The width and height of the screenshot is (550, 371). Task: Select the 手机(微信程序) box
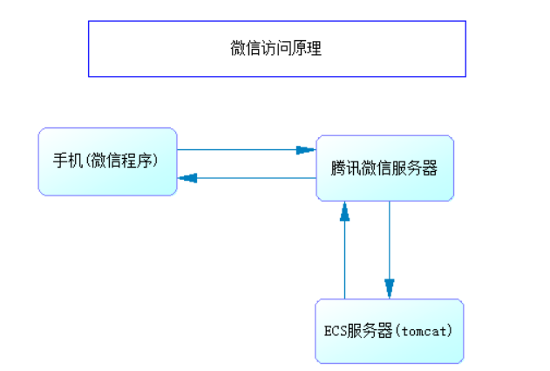(107, 161)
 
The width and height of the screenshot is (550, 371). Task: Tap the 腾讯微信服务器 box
(384, 168)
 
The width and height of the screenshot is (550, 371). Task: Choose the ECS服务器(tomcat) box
(388, 331)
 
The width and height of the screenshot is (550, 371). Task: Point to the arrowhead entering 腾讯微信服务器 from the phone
(306, 150)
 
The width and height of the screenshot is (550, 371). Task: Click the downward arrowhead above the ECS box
(389, 289)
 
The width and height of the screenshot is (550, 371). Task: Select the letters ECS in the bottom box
(336, 331)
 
